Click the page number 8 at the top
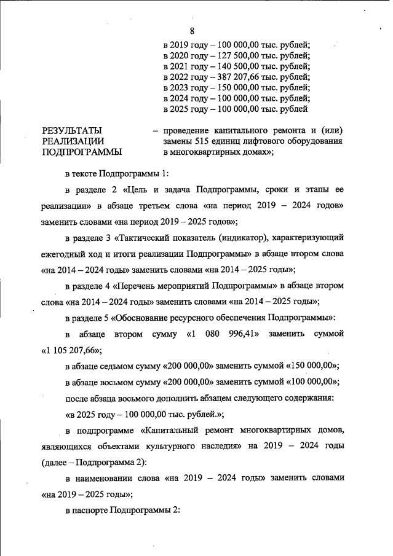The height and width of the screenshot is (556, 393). coord(193,31)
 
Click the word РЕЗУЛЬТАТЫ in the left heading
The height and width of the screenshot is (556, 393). coord(72,131)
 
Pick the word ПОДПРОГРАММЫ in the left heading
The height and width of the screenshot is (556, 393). coord(81,152)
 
